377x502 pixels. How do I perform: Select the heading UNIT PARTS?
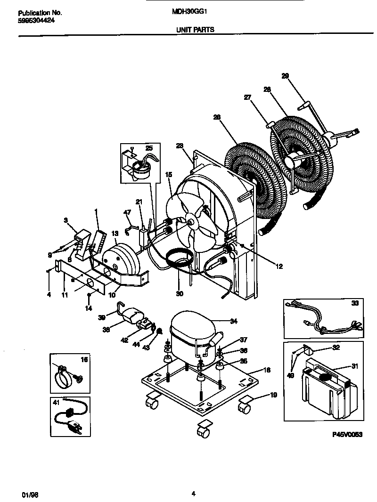tap(195, 29)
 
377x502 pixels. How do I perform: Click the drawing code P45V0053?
tap(347, 436)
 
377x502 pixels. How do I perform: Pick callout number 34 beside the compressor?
tap(233, 322)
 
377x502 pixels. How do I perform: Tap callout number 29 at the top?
tap(285, 76)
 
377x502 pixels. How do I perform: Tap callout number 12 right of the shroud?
tap(279, 267)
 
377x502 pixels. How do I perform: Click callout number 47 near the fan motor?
tap(126, 213)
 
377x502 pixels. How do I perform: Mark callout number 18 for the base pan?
tap(267, 371)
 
